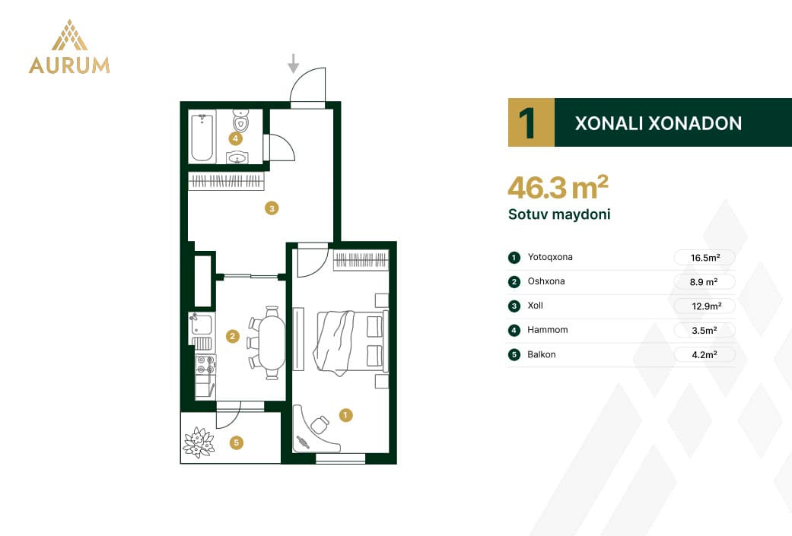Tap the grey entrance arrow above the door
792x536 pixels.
pyautogui.click(x=293, y=63)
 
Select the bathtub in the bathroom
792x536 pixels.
pyautogui.click(x=202, y=137)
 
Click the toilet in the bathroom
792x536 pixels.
pyautogui.click(x=240, y=121)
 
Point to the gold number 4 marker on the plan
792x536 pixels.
pyautogui.click(x=235, y=138)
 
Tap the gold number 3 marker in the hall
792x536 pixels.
pyautogui.click(x=272, y=208)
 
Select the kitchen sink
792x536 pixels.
pyautogui.click(x=202, y=325)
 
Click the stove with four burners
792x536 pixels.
pyautogui.click(x=205, y=365)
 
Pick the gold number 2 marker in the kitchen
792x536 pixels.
pyautogui.click(x=232, y=336)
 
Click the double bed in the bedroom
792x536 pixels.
pyautogui.click(x=351, y=342)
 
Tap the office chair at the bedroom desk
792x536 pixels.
pyautogui.click(x=320, y=424)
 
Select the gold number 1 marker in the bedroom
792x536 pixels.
pyautogui.click(x=345, y=415)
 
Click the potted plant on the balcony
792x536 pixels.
pyautogui.click(x=199, y=442)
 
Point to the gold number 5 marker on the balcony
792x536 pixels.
pyautogui.click(x=236, y=443)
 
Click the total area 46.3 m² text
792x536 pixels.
pyautogui.click(x=558, y=188)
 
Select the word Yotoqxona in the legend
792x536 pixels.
pyautogui.click(x=550, y=257)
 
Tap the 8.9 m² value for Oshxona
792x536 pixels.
pyautogui.click(x=704, y=282)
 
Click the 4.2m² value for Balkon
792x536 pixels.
pyautogui.click(x=705, y=355)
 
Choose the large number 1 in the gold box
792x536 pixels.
pyautogui.click(x=526, y=122)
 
